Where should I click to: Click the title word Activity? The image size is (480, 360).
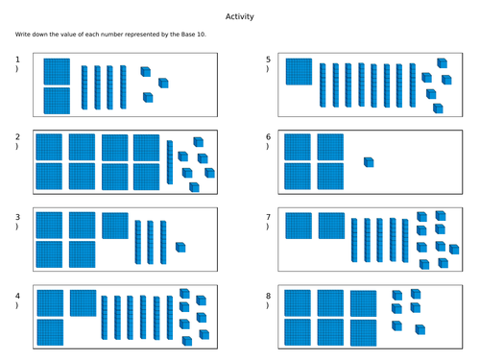tap(240, 16)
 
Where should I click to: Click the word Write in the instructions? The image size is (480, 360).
tap(21, 35)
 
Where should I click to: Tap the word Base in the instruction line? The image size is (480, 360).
tap(188, 35)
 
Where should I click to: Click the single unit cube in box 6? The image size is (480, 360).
tap(369, 162)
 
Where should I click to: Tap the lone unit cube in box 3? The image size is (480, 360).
tap(180, 248)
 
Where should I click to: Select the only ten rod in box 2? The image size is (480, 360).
tap(170, 162)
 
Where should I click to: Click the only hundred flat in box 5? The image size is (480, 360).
tap(299, 72)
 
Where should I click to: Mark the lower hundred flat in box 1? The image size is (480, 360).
tap(57, 101)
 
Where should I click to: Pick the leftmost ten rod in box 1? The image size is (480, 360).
tap(84, 87)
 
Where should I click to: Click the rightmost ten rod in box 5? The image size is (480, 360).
tap(413, 85)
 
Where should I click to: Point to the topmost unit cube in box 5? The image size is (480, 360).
tap(443, 63)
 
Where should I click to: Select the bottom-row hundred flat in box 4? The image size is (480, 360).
tap(50, 332)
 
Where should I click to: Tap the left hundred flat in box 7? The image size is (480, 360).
tap(299, 226)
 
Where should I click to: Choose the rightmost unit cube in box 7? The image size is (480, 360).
tap(454, 250)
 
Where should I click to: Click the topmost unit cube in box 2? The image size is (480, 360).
tap(199, 142)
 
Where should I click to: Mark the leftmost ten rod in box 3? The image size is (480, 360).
tap(138, 242)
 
